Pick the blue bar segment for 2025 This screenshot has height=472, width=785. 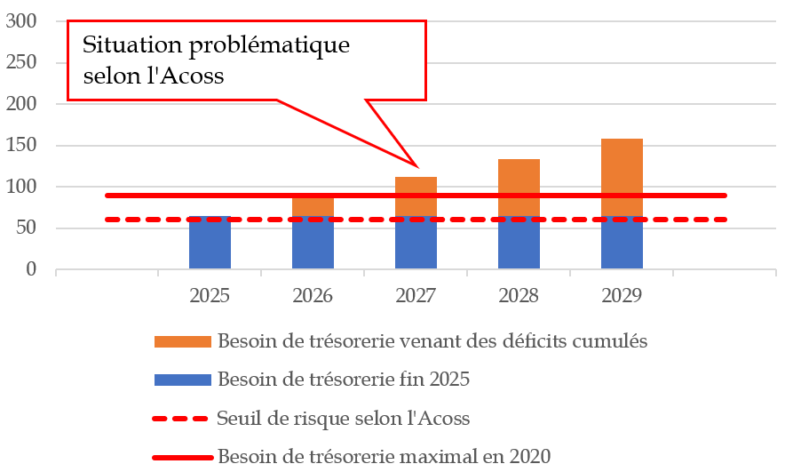(x=210, y=244)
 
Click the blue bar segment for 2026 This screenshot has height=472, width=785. (x=313, y=244)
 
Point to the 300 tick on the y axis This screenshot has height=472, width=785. (x=23, y=21)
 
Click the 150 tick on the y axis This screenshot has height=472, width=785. (x=23, y=146)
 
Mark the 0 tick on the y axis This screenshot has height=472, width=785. (x=34, y=269)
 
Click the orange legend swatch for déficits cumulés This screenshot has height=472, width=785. (x=182, y=341)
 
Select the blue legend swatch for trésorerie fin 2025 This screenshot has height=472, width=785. (x=182, y=380)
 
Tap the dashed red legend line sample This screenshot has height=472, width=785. (x=182, y=419)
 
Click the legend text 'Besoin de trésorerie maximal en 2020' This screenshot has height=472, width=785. (x=385, y=457)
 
